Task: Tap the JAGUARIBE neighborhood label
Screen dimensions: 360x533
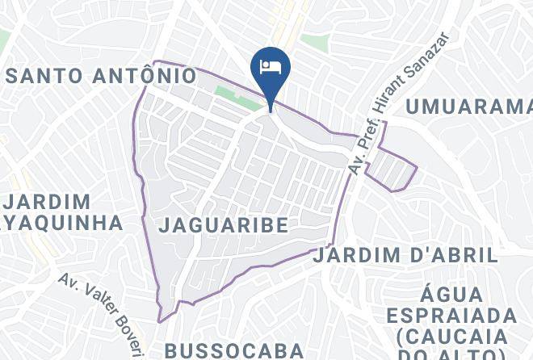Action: point(223,225)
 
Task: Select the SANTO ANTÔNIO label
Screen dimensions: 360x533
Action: point(101,77)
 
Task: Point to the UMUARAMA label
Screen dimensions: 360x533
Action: point(468,106)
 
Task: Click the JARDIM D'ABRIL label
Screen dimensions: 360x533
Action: point(405,256)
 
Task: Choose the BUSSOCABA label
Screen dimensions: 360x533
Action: point(234,350)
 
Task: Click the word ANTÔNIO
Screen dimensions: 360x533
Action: point(143,77)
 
